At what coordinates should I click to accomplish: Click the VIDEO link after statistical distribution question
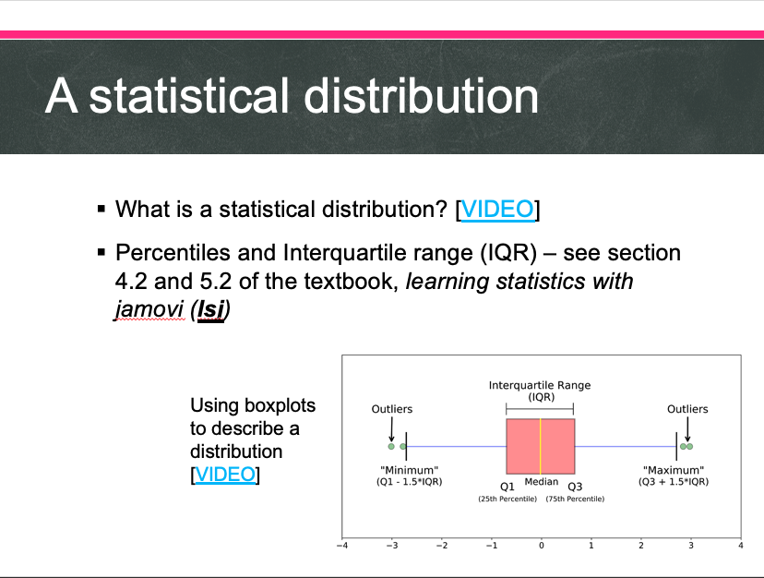497,210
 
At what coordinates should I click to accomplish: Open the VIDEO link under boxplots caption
225,474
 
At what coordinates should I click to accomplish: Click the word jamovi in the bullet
150,309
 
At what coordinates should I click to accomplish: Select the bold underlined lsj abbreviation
210,309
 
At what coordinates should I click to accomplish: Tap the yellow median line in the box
541,446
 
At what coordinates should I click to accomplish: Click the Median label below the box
542,482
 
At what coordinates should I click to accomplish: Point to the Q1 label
507,487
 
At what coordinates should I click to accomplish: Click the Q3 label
575,487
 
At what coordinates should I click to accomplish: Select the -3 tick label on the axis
392,546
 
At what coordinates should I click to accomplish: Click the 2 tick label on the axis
640,546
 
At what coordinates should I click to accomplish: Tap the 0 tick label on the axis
542,546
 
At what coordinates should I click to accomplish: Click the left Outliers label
392,409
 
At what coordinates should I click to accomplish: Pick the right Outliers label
687,409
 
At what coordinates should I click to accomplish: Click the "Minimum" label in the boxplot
410,470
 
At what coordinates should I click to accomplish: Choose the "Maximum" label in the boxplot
674,470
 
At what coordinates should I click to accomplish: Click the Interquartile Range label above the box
540,385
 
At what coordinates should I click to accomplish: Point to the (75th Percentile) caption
575,499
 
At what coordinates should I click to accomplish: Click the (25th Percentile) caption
507,499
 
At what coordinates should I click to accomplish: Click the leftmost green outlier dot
391,446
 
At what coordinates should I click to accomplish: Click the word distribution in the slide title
421,96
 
